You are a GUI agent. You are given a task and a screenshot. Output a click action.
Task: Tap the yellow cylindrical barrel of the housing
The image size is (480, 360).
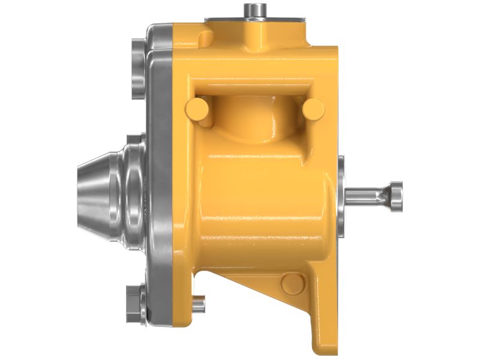point(264,198)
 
